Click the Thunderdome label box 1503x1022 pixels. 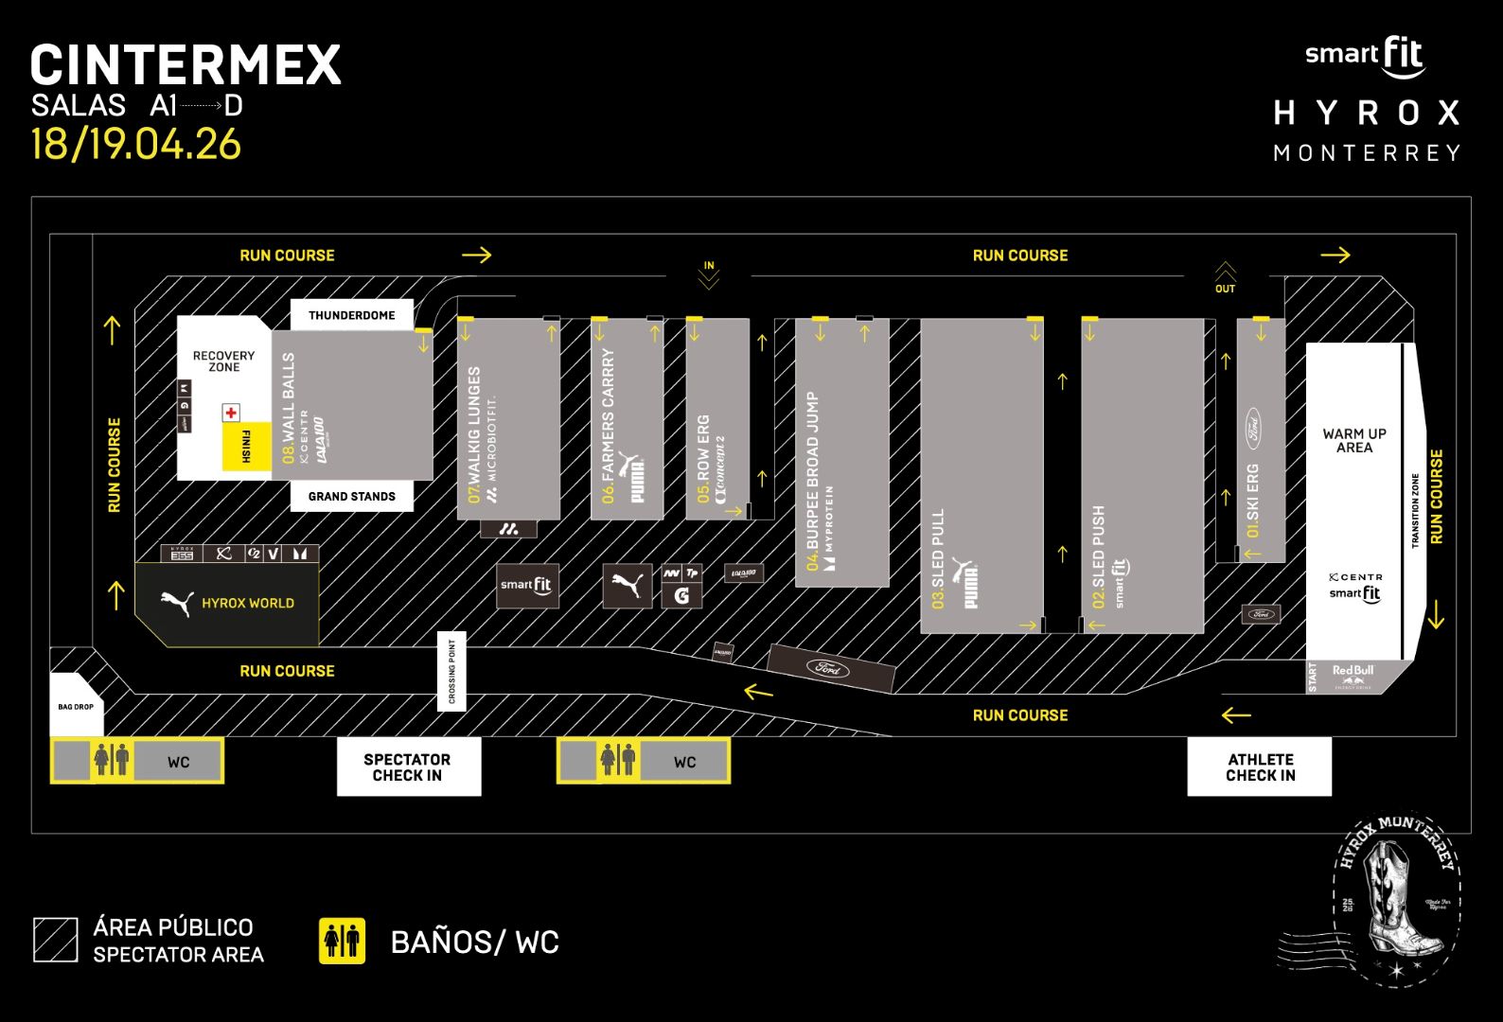351,315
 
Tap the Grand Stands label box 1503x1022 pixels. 351,496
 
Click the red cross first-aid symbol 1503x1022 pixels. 231,413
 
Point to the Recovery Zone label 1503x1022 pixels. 223,361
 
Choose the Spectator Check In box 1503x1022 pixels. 408,766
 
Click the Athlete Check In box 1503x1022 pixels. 1260,766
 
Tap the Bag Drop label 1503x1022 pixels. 76,707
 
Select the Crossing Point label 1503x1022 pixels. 451,672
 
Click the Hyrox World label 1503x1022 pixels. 247,603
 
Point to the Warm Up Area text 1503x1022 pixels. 1354,440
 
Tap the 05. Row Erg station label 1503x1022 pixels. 703,458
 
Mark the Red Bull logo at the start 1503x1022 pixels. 1353,674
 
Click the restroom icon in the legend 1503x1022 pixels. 342,941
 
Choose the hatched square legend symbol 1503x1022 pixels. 56,940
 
